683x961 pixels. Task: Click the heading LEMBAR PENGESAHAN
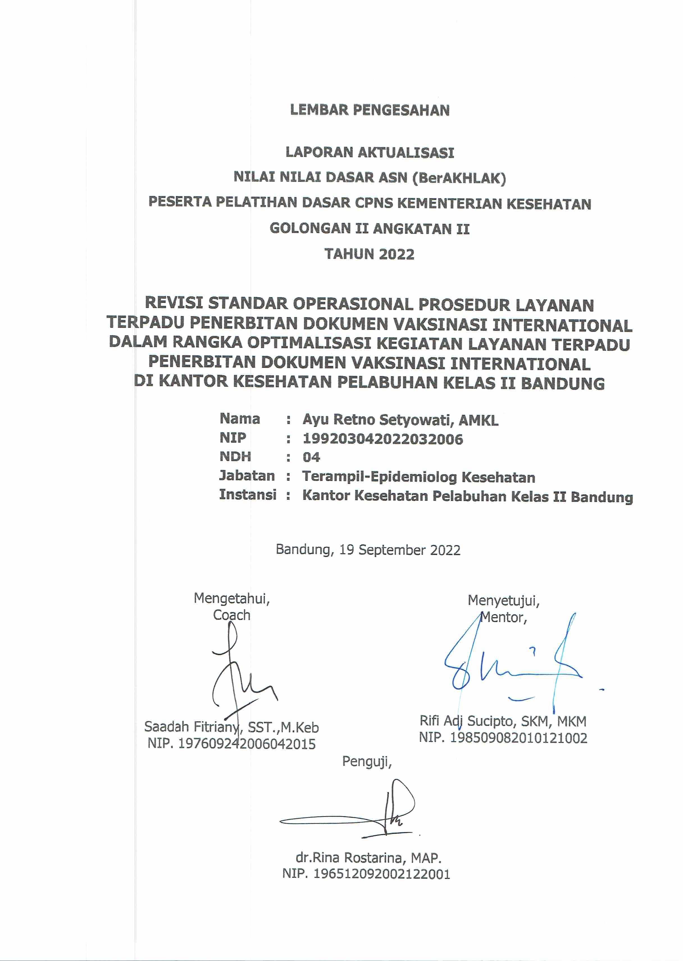coord(370,110)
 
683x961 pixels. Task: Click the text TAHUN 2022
coord(369,254)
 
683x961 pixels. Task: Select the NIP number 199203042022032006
coord(383,439)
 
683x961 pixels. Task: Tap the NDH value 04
coord(311,457)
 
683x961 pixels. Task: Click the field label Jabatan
coord(247,476)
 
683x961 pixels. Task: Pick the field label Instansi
coord(247,495)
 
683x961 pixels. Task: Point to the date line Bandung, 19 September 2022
coord(368,550)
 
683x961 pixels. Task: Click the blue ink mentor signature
coord(513,669)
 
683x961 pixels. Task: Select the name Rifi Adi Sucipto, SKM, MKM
coord(503,721)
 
